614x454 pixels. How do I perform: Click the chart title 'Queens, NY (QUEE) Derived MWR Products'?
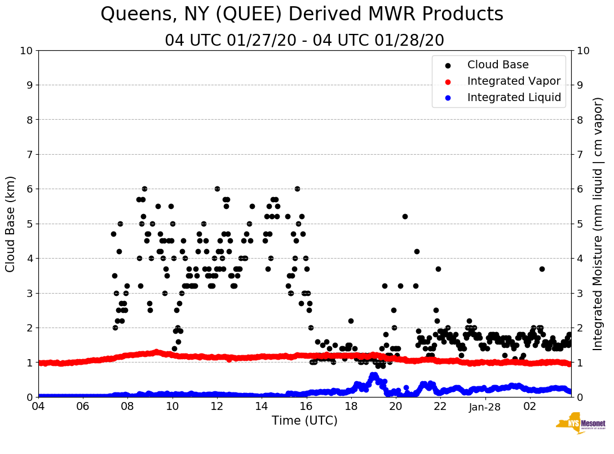click(302, 15)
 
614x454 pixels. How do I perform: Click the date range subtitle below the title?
click(304, 41)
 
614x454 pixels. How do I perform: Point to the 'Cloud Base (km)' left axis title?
click(11, 224)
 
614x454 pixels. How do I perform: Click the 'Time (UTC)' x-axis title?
click(304, 421)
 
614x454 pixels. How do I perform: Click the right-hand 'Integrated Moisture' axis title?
click(598, 224)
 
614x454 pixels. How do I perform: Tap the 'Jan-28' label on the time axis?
click(485, 406)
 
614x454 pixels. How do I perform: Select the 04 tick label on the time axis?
click(38, 406)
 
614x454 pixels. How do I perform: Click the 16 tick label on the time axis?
click(306, 406)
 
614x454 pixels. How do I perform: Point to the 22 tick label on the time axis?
click(440, 406)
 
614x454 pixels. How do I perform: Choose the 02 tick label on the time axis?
click(529, 406)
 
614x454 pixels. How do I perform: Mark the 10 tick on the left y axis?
click(26, 51)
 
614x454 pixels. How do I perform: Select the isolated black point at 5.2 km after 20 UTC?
click(405, 216)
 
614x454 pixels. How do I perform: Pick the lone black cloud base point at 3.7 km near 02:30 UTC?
click(542, 269)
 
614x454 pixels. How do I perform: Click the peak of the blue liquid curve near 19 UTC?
click(373, 375)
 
